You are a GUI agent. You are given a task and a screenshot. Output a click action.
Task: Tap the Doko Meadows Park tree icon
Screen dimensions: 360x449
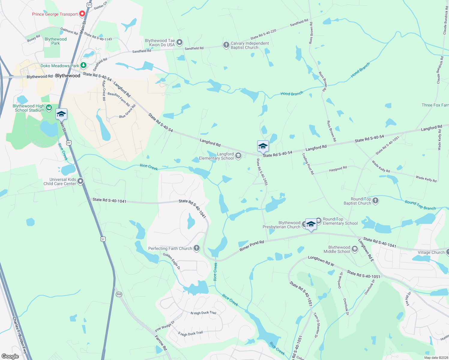pyautogui.click(x=83, y=65)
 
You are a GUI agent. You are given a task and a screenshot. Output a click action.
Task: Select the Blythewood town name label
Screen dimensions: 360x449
pyautogui.click(x=68, y=76)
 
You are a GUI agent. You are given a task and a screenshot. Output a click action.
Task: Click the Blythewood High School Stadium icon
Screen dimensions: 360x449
pyautogui.click(x=49, y=107)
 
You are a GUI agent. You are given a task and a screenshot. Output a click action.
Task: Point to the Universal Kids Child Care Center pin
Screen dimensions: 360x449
pyautogui.click(x=80, y=181)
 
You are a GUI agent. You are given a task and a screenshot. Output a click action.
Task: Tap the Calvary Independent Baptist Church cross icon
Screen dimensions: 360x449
pyautogui.click(x=226, y=45)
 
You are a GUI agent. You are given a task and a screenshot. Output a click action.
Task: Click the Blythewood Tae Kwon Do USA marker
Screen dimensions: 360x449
pyautogui.click(x=179, y=42)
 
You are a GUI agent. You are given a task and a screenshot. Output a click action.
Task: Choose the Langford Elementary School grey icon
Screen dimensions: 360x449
pyautogui.click(x=238, y=155)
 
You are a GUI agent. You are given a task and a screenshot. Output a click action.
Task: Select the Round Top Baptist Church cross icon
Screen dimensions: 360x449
pyautogui.click(x=375, y=200)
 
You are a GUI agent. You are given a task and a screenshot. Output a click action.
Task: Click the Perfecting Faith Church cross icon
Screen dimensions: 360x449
pyautogui.click(x=197, y=248)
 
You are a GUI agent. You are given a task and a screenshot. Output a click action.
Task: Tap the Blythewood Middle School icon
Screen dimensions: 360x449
pyautogui.click(x=355, y=249)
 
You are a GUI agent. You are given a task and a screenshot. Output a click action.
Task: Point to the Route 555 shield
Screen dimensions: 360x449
pyautogui.click(x=119, y=294)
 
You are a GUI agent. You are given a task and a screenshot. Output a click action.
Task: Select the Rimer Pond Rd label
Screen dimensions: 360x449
pyautogui.click(x=252, y=246)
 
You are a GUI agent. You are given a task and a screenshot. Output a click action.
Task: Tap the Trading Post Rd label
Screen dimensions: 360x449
pyautogui.click(x=308, y=163)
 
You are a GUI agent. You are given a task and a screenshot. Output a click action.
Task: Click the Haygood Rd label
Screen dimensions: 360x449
pyautogui.click(x=338, y=169)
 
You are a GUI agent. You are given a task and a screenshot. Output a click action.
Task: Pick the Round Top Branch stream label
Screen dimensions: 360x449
pyautogui.click(x=420, y=205)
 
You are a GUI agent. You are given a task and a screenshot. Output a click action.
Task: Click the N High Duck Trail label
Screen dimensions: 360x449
pyautogui.click(x=203, y=313)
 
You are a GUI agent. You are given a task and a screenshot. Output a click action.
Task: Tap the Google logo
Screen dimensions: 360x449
pyautogui.click(x=10, y=356)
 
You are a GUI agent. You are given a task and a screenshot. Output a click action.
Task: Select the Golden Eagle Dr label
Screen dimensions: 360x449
pyautogui.click(x=172, y=261)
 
